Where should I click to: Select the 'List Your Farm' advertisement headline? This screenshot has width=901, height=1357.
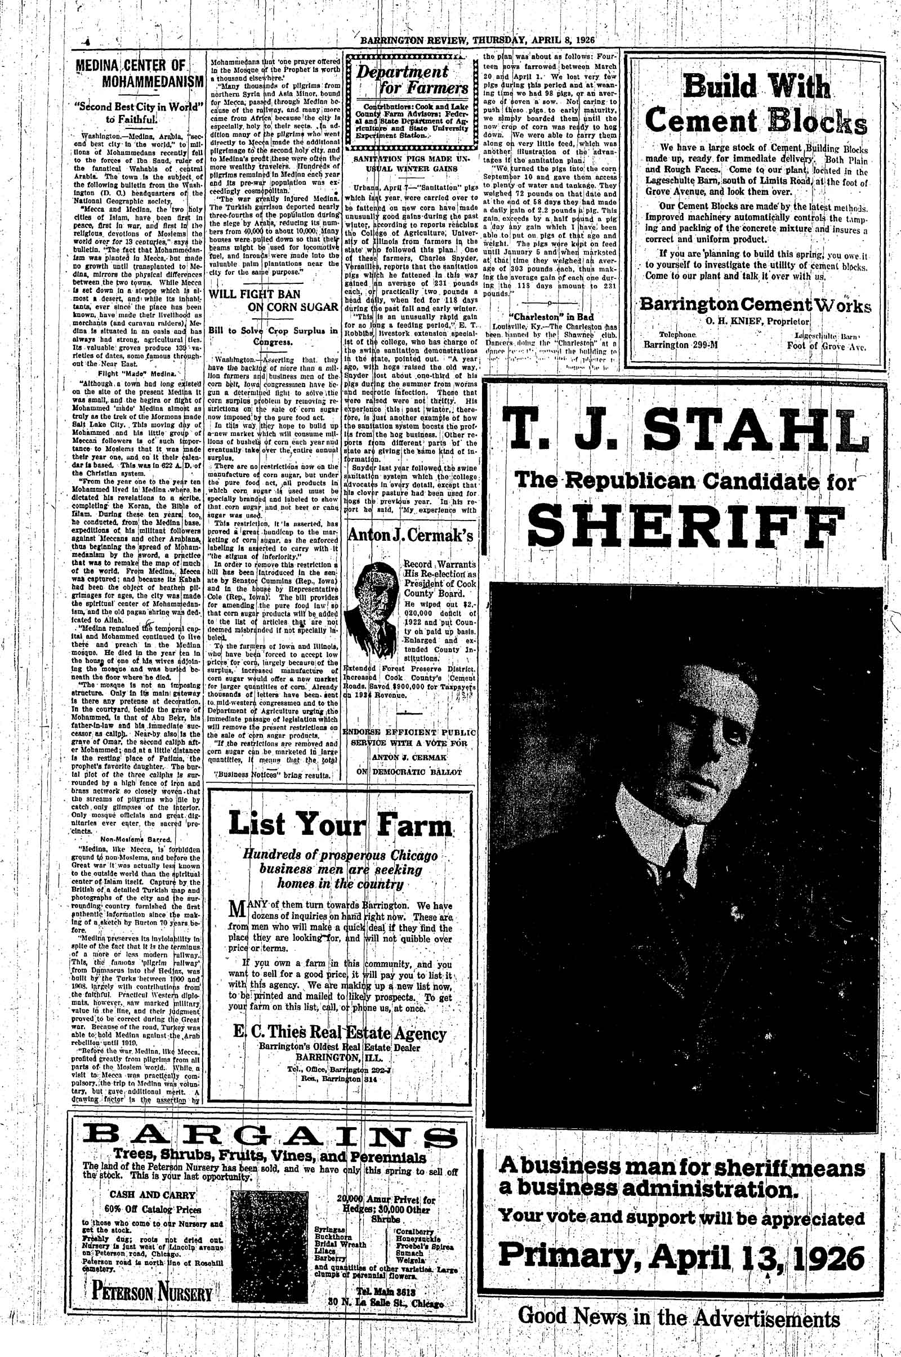point(341,825)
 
